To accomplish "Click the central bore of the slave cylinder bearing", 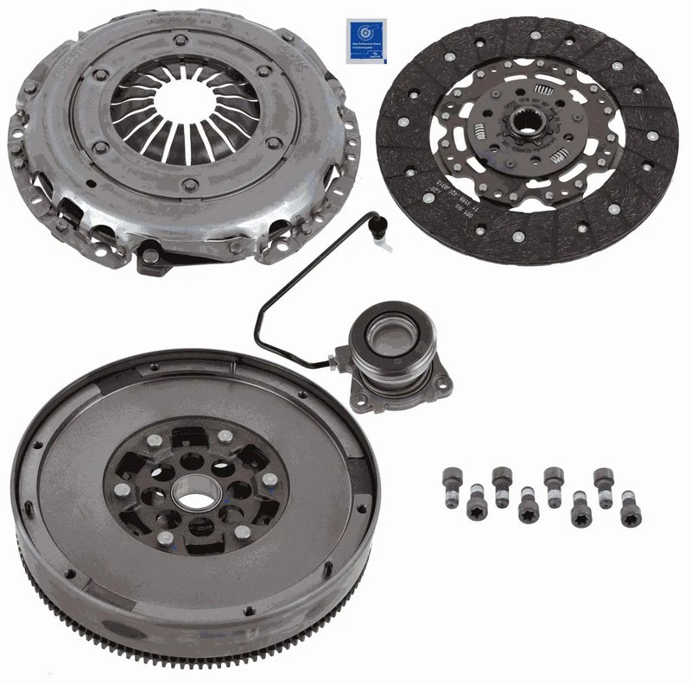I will pyautogui.click(x=386, y=334).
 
